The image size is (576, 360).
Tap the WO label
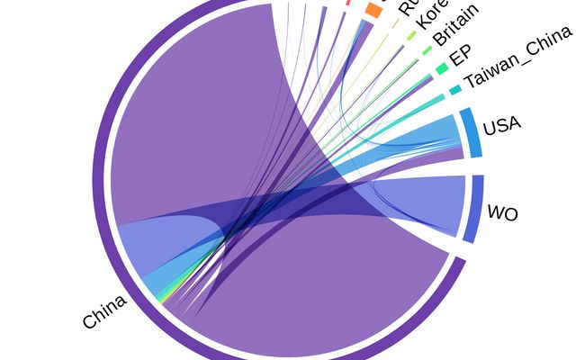503,212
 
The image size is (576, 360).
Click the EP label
459,55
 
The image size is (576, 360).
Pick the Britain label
455,25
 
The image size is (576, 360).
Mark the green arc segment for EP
441,68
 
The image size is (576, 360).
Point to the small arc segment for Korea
412,36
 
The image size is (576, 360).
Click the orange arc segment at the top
373,10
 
